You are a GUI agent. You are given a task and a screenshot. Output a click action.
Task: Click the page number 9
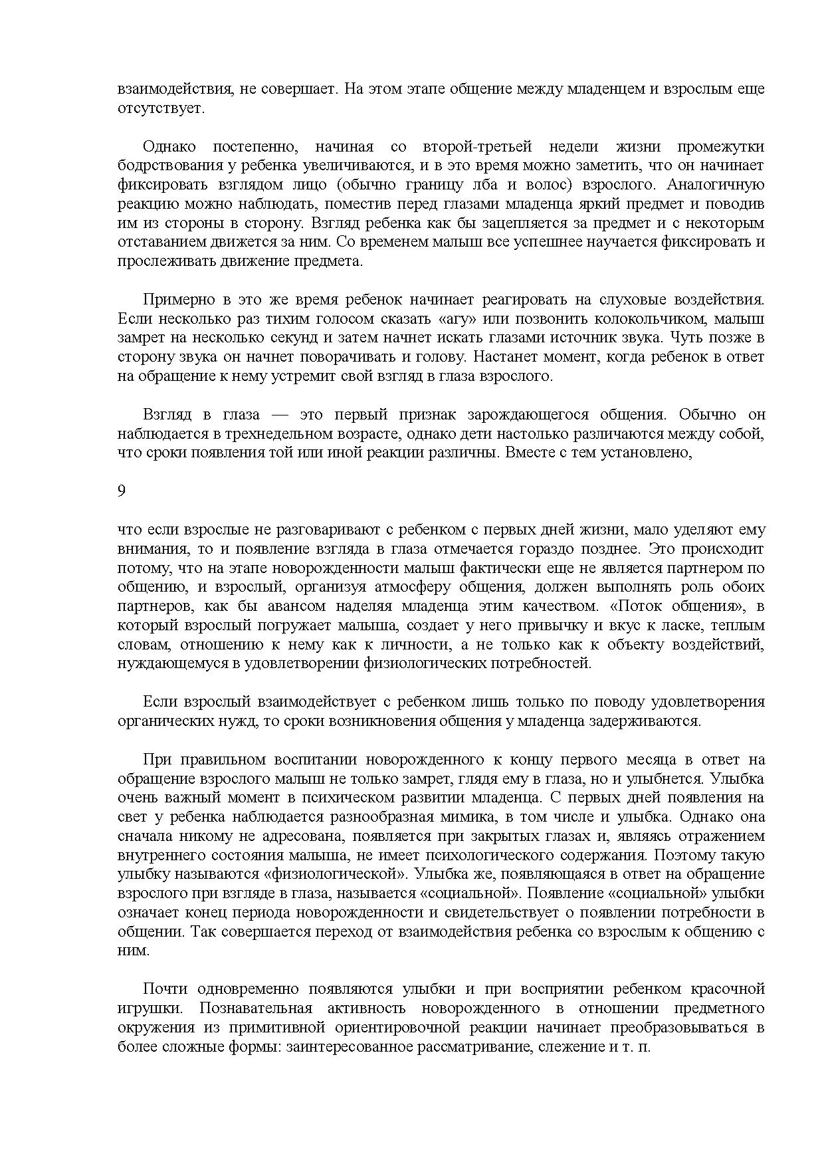(x=122, y=491)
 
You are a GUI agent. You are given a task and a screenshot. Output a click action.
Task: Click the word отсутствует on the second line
(x=159, y=108)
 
